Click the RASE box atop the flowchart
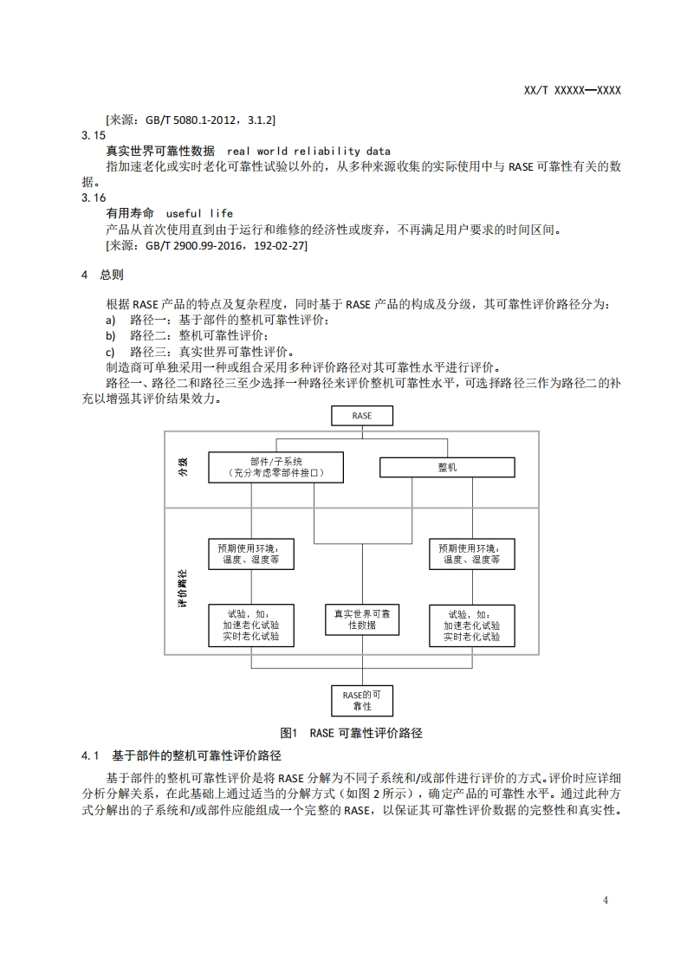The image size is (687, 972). (362, 416)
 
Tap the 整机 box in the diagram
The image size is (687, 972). (447, 468)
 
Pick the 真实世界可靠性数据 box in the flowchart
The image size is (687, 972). (362, 619)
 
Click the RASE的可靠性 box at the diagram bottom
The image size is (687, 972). (362, 700)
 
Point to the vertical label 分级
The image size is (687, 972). (183, 469)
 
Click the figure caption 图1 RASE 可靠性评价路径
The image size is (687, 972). (357, 733)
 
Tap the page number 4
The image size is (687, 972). (606, 900)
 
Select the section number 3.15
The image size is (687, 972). (93, 136)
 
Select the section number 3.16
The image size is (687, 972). (93, 198)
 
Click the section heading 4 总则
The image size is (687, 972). (102, 275)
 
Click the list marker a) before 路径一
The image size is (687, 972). (110, 321)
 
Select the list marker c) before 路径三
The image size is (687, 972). (110, 352)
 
